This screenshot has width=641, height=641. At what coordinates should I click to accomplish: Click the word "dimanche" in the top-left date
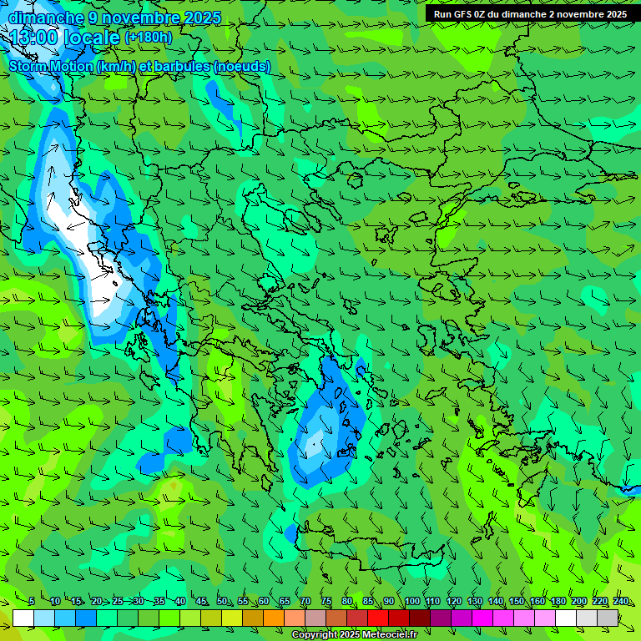[x=45, y=18]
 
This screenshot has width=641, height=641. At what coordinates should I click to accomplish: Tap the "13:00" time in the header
[x=34, y=38]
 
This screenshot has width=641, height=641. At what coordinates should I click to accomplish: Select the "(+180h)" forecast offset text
[x=148, y=38]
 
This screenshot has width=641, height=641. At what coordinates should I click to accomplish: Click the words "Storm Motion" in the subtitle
[x=51, y=66]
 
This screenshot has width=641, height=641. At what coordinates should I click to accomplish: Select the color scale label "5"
[x=31, y=602]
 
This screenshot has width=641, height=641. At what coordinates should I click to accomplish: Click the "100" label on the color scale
[x=412, y=602]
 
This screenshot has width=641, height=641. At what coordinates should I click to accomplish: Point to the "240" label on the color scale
[x=621, y=602]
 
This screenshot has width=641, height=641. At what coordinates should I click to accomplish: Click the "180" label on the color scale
[x=558, y=602]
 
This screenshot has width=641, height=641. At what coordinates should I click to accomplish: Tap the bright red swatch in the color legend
[x=378, y=618]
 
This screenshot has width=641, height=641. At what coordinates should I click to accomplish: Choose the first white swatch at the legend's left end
[x=23, y=618]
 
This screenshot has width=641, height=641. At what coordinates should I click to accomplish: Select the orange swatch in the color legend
[x=274, y=618]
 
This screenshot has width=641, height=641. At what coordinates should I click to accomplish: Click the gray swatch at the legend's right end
[x=608, y=618]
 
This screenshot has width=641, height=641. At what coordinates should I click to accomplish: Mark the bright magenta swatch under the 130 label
[x=482, y=618]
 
